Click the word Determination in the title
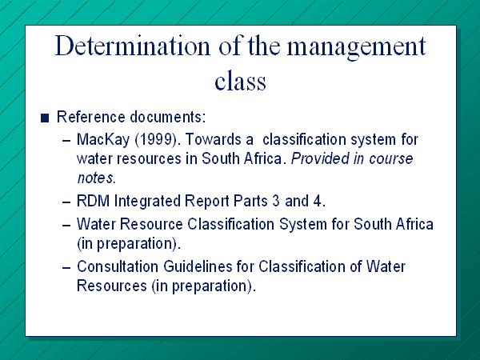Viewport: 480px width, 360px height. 133,46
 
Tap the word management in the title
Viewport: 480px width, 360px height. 356,48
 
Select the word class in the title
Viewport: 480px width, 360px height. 240,80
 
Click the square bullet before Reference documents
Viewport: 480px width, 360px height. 45,118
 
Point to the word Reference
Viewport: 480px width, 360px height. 91,117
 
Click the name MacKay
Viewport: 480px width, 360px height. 103,140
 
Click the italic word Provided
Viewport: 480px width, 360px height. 320,158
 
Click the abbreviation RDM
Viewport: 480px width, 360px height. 93,201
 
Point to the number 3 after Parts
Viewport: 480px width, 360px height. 276,201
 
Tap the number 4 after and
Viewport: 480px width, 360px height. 318,201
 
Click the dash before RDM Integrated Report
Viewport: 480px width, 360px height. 66,202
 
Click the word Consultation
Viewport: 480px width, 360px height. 118,266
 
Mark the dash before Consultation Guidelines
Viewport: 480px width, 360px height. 66,267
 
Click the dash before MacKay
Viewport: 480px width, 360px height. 66,141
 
